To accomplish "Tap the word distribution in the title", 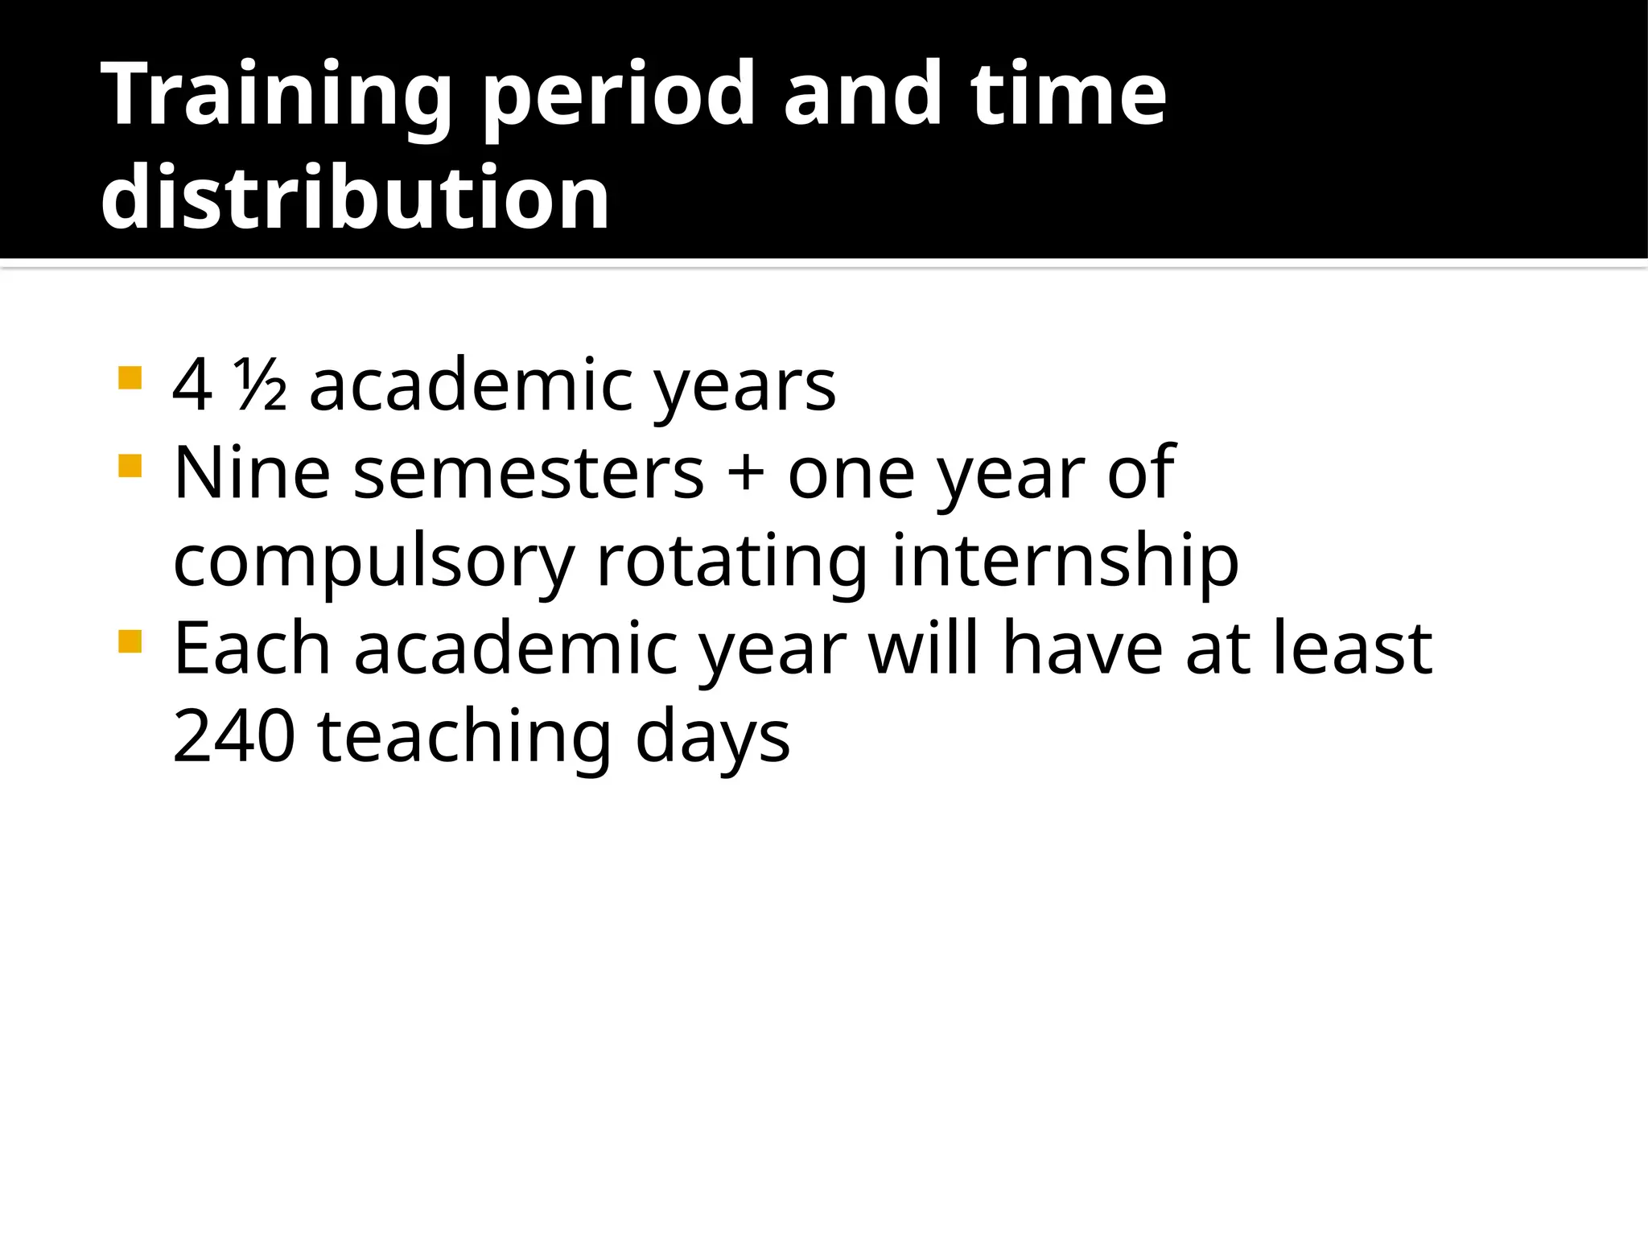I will click(355, 197).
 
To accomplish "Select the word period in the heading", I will click(618, 95).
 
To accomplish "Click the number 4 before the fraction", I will click(193, 386).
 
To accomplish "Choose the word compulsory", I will click(374, 562).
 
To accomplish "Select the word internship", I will click(1065, 562).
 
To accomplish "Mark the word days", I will click(712, 738).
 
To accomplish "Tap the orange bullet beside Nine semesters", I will click(130, 466).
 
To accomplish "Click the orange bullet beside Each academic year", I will click(130, 641).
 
